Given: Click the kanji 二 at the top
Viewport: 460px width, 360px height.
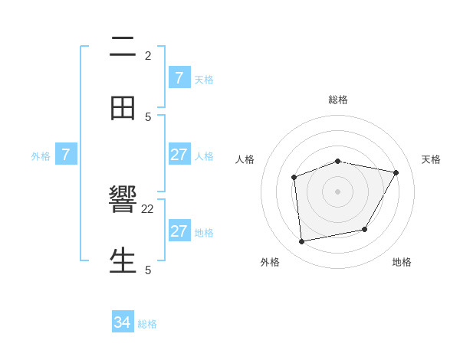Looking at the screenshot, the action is pos(123,47).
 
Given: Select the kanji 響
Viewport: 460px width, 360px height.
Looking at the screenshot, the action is pos(123,201).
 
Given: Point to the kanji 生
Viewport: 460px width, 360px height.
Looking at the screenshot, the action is pos(123,260).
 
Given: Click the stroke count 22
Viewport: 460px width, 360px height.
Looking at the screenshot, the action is pos(148,208).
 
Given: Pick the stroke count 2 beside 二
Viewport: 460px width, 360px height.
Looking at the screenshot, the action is pos(148,55).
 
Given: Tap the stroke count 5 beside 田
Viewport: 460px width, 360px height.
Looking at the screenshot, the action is pos(148,116).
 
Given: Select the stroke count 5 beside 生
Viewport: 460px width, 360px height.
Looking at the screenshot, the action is pos(148,270).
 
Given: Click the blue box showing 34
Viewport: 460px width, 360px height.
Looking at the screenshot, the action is pos(123,323).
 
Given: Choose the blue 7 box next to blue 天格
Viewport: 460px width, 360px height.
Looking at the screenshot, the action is pos(179,78).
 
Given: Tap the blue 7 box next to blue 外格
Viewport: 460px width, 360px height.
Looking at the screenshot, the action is pos(66,155).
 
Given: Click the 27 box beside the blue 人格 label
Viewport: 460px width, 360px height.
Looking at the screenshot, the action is pos(179,155).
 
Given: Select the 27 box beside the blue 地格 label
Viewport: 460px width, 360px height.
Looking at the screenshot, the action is pos(179,231).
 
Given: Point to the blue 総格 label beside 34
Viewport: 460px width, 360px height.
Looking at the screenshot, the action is pos(147,324).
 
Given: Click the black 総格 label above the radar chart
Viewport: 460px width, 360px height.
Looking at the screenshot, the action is pos(338,100).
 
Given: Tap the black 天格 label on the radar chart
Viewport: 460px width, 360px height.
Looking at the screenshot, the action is pos(431,159).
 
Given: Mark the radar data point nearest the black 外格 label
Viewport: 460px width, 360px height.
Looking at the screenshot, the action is pos(302,242).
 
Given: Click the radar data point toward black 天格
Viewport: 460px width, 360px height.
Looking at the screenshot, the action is pos(396,172).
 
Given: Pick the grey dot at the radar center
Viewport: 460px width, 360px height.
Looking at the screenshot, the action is pos(337,191).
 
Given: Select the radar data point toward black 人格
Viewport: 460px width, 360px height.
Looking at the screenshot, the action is pos(294,178).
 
